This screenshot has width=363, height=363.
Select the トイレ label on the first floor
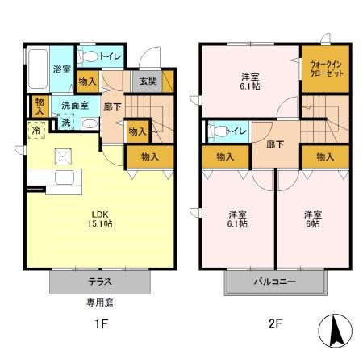pos(111,56)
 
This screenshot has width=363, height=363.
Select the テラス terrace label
pos(99,282)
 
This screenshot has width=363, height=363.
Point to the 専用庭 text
pos(99,304)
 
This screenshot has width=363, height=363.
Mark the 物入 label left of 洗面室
pos(40,105)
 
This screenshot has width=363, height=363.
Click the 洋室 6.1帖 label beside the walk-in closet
pos(249,81)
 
